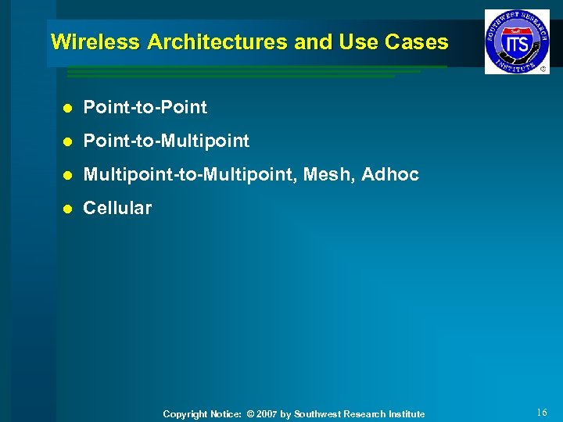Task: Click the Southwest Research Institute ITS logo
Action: (516, 41)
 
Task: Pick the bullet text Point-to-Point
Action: (145, 107)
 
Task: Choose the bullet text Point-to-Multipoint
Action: (167, 141)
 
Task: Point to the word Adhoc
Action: (391, 174)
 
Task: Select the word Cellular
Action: (117, 208)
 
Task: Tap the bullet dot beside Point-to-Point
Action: (68, 108)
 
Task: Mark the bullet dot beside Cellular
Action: (68, 209)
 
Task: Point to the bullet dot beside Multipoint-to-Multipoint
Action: (68, 175)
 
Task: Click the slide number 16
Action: (543, 412)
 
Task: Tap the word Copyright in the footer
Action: (185, 414)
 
